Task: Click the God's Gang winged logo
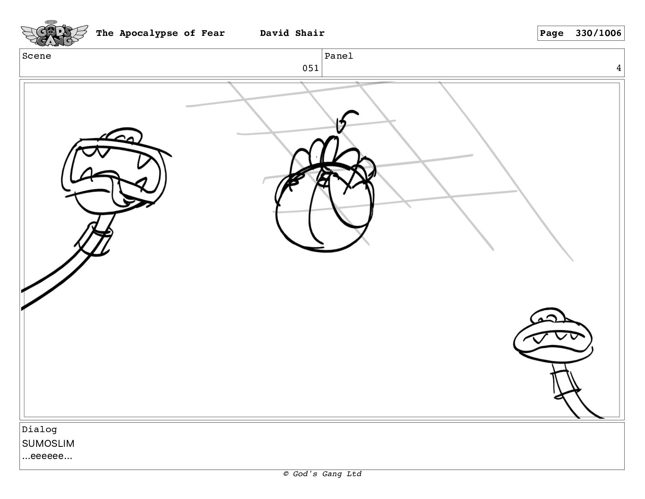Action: (x=54, y=33)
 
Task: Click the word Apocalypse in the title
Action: (x=149, y=33)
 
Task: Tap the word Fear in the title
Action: (x=213, y=33)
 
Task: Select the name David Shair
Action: (x=292, y=33)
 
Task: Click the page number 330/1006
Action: (x=598, y=33)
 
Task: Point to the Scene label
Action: (x=37, y=56)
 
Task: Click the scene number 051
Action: (x=310, y=68)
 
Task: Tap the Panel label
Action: (x=339, y=56)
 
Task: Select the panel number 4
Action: (x=619, y=68)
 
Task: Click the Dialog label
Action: (x=39, y=430)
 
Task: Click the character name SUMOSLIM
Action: (x=48, y=444)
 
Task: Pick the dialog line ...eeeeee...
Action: (x=47, y=456)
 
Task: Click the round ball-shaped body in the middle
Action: (x=325, y=208)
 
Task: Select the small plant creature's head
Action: (x=553, y=336)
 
